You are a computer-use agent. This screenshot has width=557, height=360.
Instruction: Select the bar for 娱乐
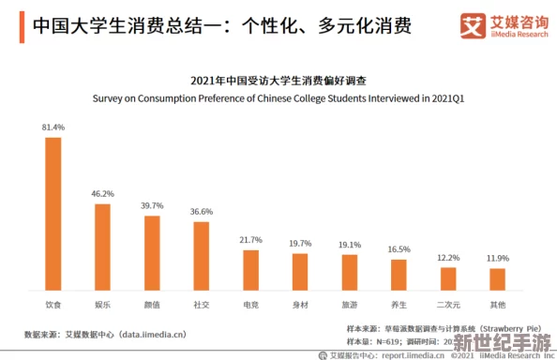[x=102, y=246]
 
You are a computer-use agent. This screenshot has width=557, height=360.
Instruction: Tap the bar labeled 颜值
[x=152, y=251]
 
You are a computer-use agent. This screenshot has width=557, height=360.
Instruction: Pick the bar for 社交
[x=202, y=255]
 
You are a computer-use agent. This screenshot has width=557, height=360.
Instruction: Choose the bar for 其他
[x=497, y=278]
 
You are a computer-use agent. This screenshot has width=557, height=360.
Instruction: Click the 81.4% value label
[x=53, y=127]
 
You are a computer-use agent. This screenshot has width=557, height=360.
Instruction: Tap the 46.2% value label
[x=102, y=193]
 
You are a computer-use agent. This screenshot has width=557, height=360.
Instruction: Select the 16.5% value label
[x=399, y=248]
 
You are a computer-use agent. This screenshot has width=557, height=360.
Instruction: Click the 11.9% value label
[x=497, y=257]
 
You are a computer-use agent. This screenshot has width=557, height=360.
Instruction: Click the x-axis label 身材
[x=300, y=305]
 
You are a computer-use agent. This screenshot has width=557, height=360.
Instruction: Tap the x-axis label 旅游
[x=350, y=305]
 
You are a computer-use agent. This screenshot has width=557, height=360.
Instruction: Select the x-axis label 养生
[x=399, y=305]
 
